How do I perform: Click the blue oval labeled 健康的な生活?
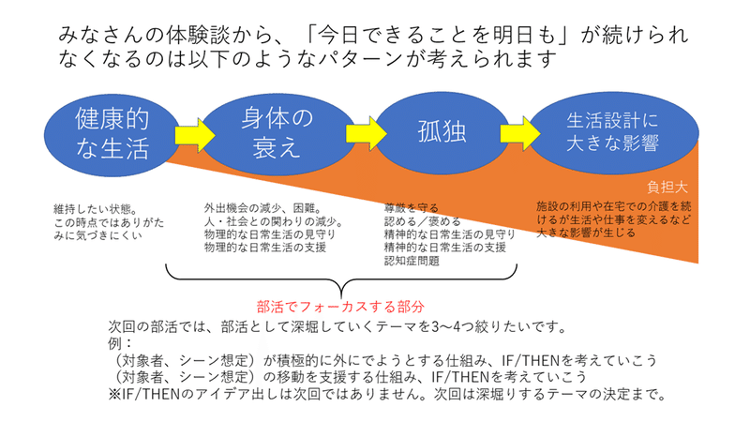tap(112, 134)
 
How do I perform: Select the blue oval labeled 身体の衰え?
tap(277, 133)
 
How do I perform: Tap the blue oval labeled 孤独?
tap(442, 132)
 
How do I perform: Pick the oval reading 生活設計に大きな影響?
tap(613, 132)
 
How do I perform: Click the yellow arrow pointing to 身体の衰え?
tap(195, 135)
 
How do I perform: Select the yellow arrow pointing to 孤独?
tap(366, 132)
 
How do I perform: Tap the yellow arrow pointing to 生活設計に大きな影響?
tap(520, 133)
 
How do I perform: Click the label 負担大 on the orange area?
tap(667, 187)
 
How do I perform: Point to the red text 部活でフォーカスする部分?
tap(340, 307)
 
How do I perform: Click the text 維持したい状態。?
tap(96, 209)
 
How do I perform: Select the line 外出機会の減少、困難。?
tap(262, 208)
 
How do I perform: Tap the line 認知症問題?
tap(412, 261)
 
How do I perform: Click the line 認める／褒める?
tap(423, 221)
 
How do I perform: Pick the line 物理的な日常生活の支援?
tap(265, 248)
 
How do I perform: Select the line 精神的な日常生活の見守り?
tap(450, 234)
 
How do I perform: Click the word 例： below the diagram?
tap(120, 343)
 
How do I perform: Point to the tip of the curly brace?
tap(341, 298)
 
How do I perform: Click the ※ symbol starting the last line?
tap(115, 394)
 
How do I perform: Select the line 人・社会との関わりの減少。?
tap(274, 221)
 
